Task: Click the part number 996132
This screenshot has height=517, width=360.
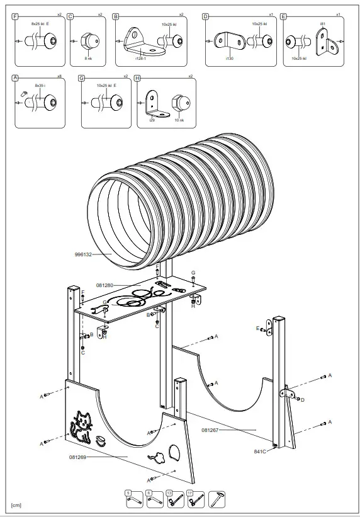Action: point(84,254)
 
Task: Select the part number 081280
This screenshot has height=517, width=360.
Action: point(104,285)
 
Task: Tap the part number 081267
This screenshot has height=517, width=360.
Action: point(210,430)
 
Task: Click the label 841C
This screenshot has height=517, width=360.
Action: point(260,451)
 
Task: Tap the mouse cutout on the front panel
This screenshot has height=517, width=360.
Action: point(157,457)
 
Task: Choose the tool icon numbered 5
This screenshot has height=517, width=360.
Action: point(132,499)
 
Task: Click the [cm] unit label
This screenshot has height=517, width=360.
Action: point(16,506)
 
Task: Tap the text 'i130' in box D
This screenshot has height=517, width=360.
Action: point(229,58)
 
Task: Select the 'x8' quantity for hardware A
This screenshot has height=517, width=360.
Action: point(59,76)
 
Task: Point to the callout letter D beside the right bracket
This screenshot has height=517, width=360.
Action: point(303,399)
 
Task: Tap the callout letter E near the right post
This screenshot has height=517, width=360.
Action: point(257,328)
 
